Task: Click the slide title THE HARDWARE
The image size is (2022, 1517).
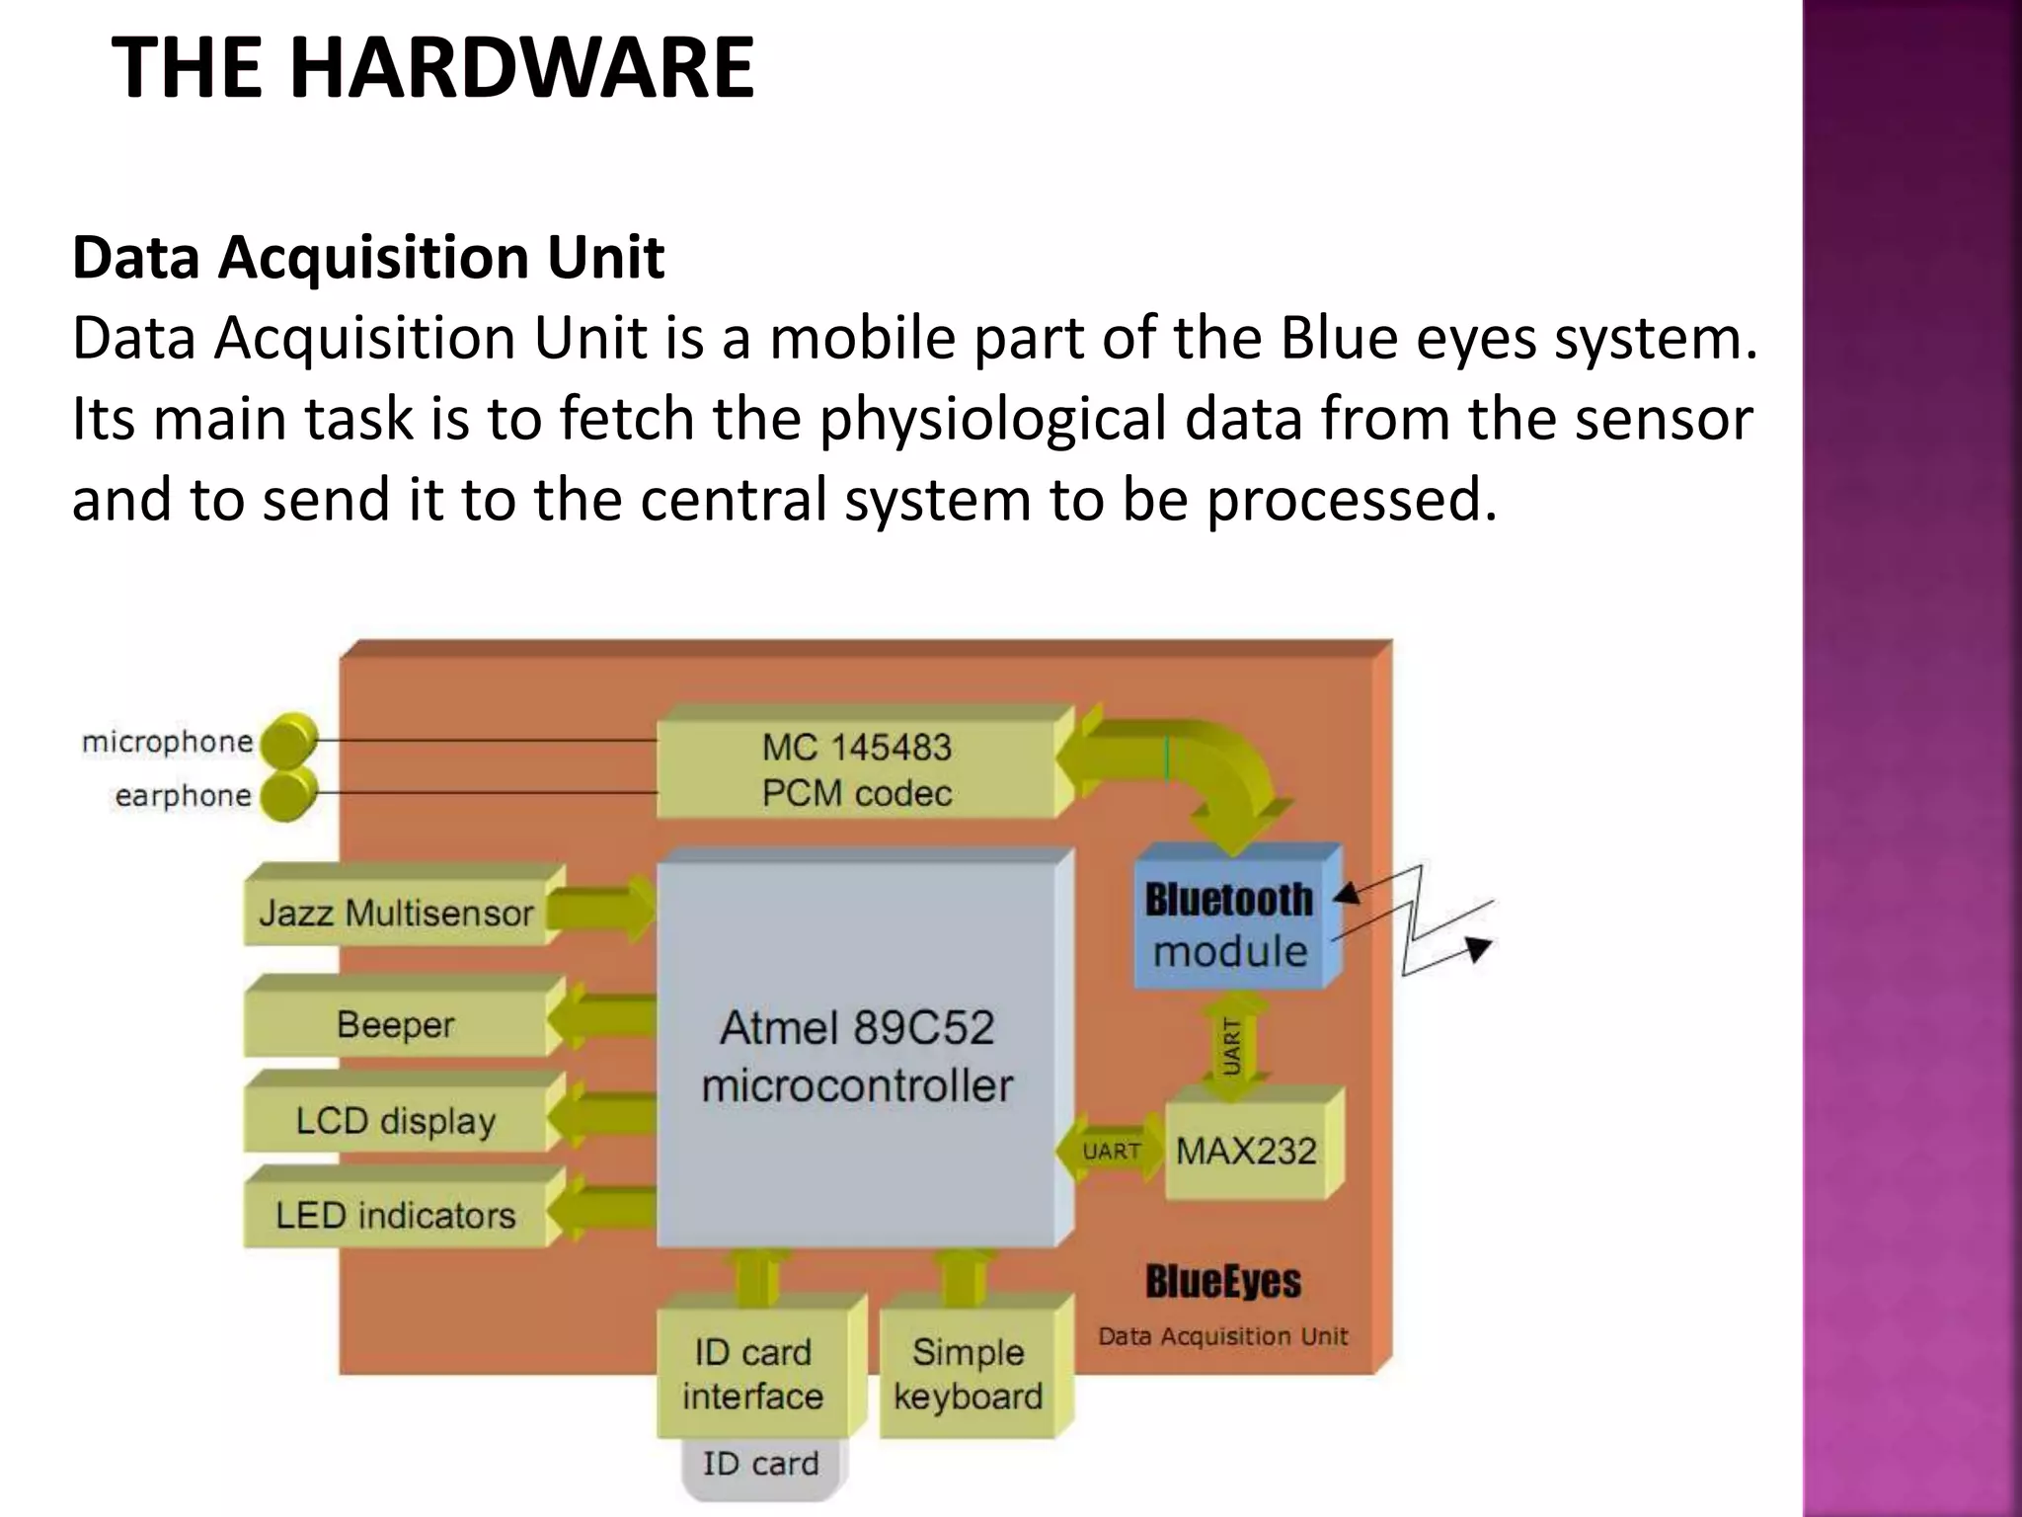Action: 432,67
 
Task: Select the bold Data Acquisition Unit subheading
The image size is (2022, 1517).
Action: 368,257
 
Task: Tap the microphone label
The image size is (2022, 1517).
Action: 167,742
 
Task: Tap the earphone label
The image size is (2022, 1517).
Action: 183,796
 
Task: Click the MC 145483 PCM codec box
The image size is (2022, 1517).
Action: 856,770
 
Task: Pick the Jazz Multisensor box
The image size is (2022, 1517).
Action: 395,913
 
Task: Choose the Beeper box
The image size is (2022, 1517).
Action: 395,1024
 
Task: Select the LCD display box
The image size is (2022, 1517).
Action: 395,1121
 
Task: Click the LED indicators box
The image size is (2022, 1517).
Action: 395,1215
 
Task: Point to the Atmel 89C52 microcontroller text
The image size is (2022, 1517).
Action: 857,1057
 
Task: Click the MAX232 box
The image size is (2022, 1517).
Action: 1246,1151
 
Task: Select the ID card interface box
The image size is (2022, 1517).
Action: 752,1374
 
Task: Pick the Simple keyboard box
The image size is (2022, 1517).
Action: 968,1374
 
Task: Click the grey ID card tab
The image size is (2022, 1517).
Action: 760,1465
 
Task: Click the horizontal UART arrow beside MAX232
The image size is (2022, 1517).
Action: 1112,1152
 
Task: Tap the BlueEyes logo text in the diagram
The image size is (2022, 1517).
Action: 1223,1281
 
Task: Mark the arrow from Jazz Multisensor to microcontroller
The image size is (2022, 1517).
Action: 600,910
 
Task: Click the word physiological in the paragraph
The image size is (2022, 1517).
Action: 992,419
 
